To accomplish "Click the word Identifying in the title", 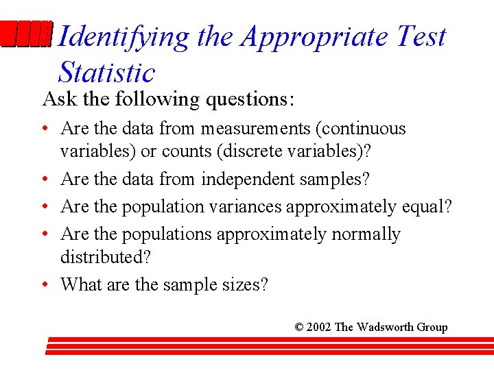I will click(x=123, y=37).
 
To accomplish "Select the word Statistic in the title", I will click(x=107, y=72).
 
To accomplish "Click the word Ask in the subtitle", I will click(x=58, y=99).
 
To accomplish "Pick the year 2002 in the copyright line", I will click(x=319, y=327).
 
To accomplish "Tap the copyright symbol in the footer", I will click(x=299, y=327).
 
